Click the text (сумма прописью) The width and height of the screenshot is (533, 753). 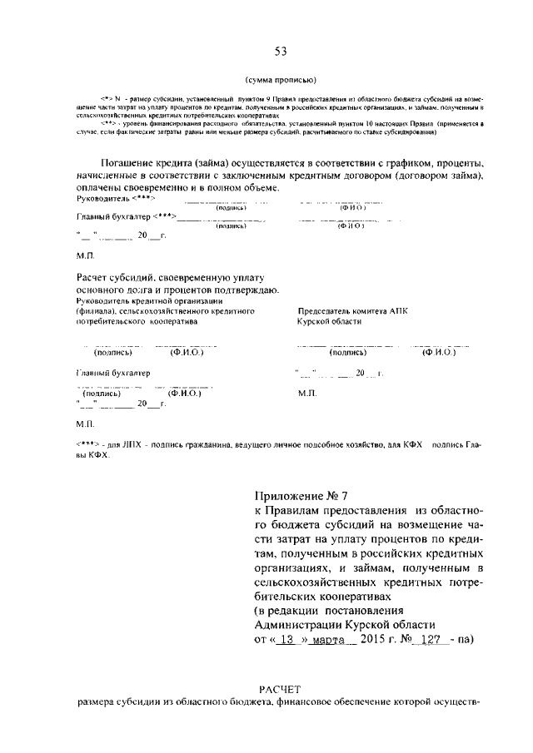281,81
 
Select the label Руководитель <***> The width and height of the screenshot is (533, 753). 104,200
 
